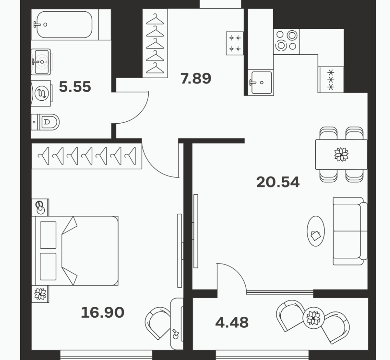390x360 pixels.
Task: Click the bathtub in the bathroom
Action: (65, 24)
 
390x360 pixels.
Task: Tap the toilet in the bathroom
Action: (46, 122)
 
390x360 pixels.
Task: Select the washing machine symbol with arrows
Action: (42, 93)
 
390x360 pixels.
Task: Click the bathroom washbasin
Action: (41, 62)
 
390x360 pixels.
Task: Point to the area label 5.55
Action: (75, 87)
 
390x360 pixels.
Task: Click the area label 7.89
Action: (196, 78)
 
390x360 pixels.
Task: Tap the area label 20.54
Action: (278, 182)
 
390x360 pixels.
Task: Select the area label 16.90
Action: (102, 312)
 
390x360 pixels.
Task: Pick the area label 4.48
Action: (232, 322)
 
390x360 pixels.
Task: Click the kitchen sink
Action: (261, 82)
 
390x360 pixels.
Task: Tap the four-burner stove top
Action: (286, 42)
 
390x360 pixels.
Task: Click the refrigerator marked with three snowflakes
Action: (331, 80)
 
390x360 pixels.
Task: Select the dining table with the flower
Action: (341, 154)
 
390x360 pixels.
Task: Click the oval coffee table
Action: (316, 231)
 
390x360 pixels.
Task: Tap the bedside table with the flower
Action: (40, 294)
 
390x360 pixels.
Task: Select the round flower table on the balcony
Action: (313, 318)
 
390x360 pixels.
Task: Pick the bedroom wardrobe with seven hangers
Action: (87, 156)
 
